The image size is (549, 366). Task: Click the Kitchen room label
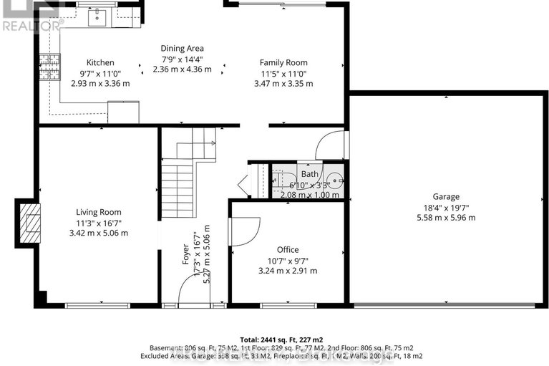click(100, 62)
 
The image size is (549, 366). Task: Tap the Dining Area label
click(182, 49)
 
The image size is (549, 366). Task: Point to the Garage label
click(445, 196)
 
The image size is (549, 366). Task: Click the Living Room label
click(99, 212)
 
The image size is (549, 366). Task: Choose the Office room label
click(288, 249)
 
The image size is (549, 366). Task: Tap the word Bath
click(309, 174)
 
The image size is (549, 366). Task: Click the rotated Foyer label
click(185, 254)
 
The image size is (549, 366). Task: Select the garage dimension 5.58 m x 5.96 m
click(445, 217)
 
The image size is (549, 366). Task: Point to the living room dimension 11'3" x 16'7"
click(99, 222)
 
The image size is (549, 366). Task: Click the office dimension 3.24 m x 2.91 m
click(288, 271)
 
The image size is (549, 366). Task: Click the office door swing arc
click(245, 233)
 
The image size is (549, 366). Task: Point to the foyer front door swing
click(188, 291)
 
